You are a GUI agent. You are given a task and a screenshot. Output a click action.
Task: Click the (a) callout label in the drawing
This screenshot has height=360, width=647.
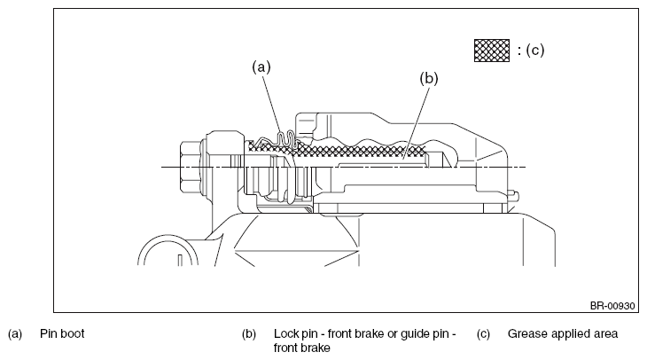[x=261, y=67]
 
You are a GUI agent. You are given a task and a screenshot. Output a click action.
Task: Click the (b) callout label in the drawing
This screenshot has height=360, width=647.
[x=429, y=78]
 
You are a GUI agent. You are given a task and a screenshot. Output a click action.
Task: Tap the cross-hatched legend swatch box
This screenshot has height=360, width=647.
[x=491, y=51]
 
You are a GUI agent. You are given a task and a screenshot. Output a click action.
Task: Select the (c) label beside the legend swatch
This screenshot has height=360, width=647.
[x=535, y=50]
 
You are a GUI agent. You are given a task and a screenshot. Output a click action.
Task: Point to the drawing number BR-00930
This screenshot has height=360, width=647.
[x=612, y=306]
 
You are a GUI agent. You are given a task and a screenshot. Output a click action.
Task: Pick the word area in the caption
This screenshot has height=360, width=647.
[x=606, y=334]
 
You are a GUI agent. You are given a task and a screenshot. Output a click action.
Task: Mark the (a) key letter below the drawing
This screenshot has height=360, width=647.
[x=15, y=334]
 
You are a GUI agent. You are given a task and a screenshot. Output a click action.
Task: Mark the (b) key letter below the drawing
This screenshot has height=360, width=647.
[x=249, y=334]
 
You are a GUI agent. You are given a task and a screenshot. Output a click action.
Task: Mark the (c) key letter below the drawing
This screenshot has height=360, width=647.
[x=483, y=334]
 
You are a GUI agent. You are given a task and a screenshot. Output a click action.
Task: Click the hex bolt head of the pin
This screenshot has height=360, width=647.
[x=191, y=167]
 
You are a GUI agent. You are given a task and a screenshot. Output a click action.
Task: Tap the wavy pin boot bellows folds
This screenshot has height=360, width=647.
[x=286, y=142]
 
